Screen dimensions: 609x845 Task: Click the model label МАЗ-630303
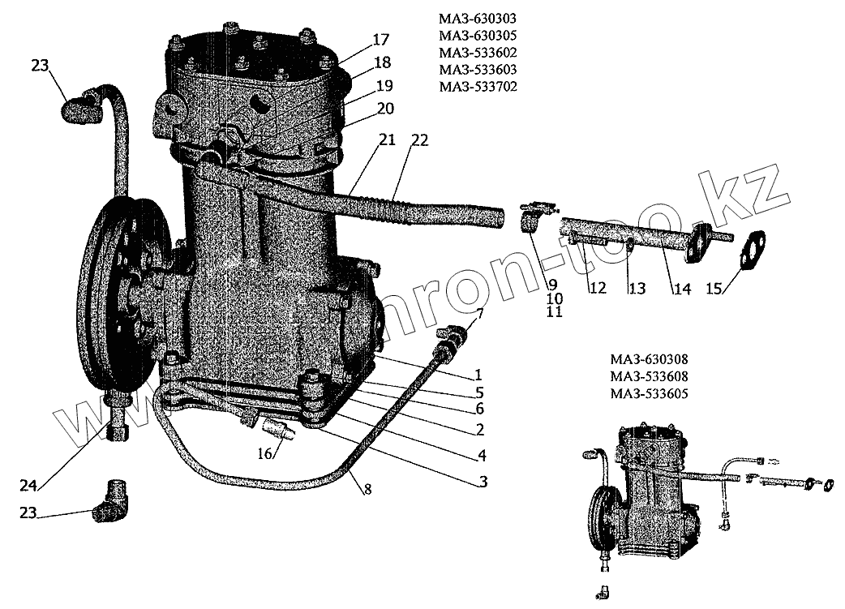tap(477, 18)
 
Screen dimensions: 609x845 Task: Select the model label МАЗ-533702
tap(477, 86)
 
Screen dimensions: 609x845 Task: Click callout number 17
tap(381, 39)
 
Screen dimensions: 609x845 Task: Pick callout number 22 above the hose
tap(418, 139)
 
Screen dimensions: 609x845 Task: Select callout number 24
tap(30, 486)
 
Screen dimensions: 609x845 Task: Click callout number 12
tap(598, 288)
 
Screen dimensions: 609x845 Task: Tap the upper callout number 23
tap(41, 66)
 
